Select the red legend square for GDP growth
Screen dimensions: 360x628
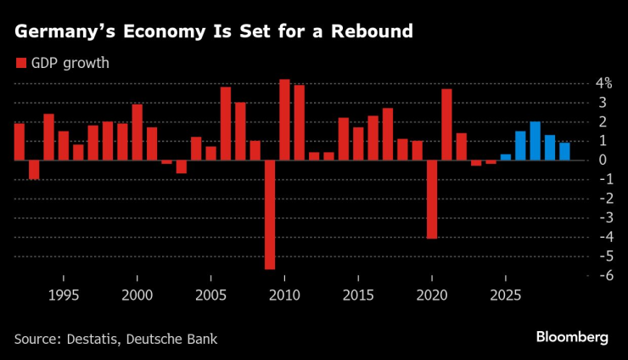pyautogui.click(x=20, y=63)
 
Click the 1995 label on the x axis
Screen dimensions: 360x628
pyautogui.click(x=63, y=296)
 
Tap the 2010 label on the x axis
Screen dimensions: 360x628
pyautogui.click(x=284, y=296)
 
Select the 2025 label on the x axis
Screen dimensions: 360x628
pyautogui.click(x=506, y=296)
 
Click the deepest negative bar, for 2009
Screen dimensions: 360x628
pyautogui.click(x=270, y=214)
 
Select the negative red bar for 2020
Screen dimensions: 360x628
pyautogui.click(x=432, y=199)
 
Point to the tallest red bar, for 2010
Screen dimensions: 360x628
pyautogui.click(x=284, y=120)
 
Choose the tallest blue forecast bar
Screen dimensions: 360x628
pyautogui.click(x=535, y=141)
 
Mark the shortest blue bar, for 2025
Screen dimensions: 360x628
pyautogui.click(x=506, y=156)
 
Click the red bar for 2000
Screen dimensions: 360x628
pyautogui.click(x=137, y=132)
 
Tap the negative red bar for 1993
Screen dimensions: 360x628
pyautogui.click(x=34, y=169)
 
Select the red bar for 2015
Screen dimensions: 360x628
pyautogui.click(x=358, y=143)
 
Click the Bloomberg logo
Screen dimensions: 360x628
pyautogui.click(x=572, y=338)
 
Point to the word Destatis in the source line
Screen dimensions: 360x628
pyautogui.click(x=90, y=339)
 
